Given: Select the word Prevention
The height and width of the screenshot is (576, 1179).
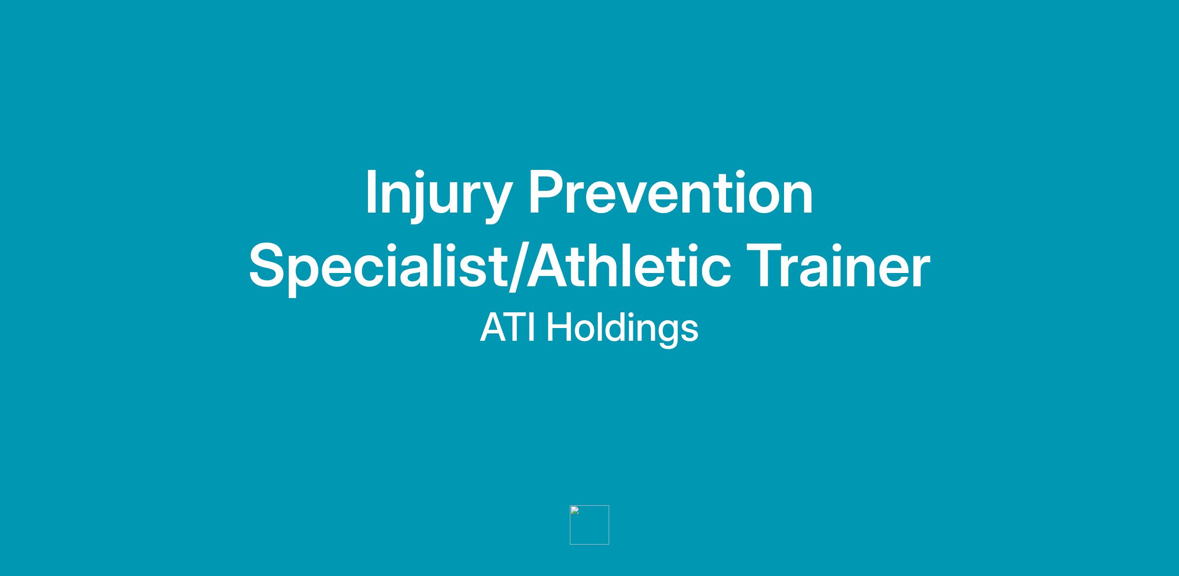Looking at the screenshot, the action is pos(671,193).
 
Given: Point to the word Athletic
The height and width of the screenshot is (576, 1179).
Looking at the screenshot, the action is pos(628,266).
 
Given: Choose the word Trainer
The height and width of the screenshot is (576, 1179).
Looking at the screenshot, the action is pos(838,266).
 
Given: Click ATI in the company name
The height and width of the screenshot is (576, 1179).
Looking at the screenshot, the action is pos(507,328).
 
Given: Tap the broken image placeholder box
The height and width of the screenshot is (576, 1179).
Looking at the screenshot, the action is pos(589,524).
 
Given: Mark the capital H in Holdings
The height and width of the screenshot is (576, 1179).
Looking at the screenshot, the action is pos(559,328).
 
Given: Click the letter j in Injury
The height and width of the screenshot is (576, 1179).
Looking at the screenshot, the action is pos(418,197).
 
